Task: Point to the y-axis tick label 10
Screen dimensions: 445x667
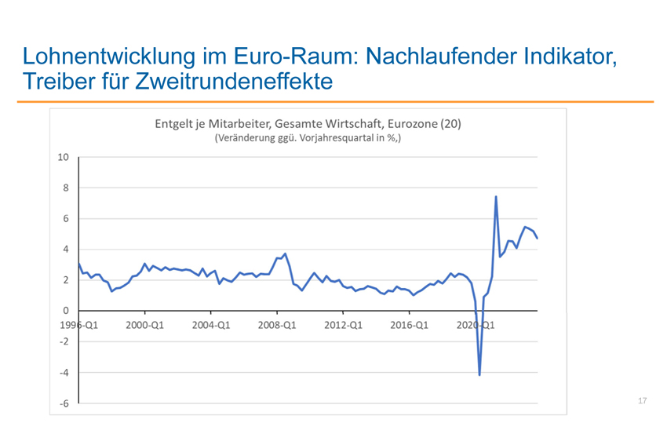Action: (64, 157)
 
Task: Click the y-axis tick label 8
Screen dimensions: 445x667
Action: (66, 188)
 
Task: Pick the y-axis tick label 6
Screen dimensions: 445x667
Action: (66, 218)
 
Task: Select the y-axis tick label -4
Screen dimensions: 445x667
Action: (64, 372)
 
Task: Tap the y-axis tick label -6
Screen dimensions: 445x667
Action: (64, 403)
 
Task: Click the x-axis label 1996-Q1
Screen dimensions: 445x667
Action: (79, 323)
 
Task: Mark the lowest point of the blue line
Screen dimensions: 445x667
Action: (479, 375)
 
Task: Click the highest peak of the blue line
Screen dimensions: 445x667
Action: (496, 197)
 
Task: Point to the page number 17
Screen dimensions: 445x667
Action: (643, 402)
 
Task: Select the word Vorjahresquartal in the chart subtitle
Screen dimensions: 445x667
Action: (315, 139)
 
